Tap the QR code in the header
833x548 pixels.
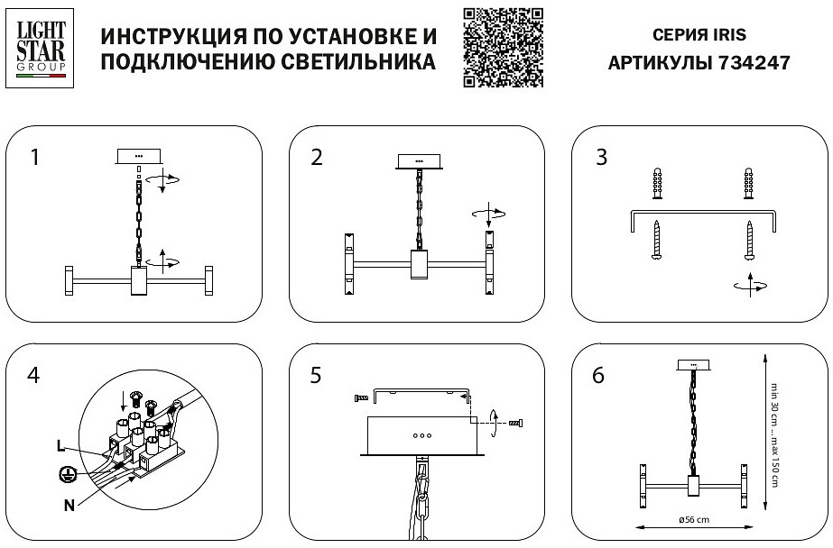(503, 47)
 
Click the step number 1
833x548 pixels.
(34, 158)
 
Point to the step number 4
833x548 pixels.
(34, 375)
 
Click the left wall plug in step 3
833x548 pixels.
(658, 186)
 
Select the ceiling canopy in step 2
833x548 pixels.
(419, 161)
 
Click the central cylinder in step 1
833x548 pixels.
(139, 280)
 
